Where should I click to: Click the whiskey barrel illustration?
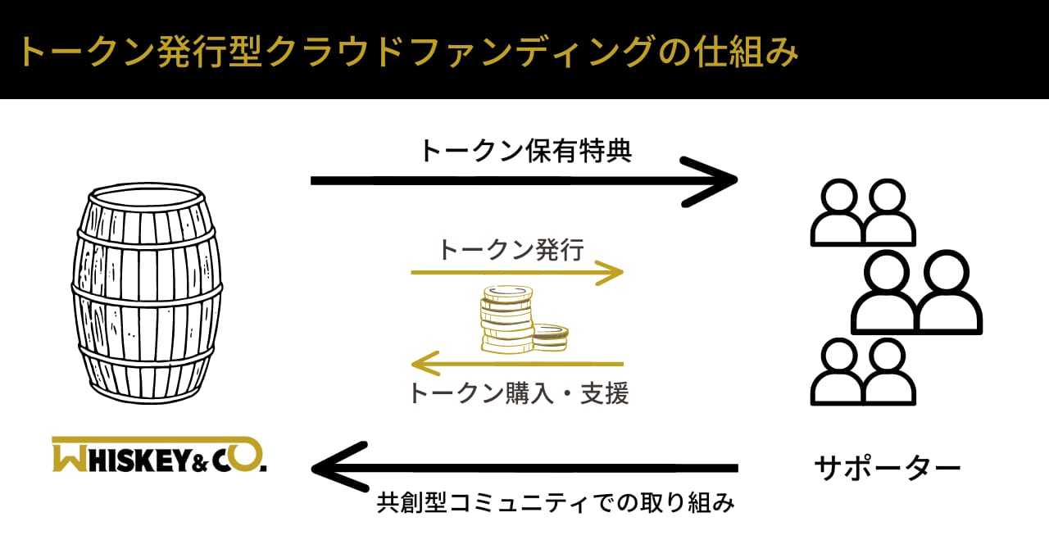click(147, 293)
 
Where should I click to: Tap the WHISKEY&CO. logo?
click(159, 455)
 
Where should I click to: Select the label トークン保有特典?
click(526, 151)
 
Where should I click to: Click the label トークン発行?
click(511, 249)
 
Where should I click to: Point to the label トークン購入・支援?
click(519, 392)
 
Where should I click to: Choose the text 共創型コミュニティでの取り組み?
click(556, 503)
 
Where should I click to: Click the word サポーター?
click(888, 468)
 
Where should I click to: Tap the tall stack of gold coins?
click(506, 320)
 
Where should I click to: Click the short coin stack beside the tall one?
click(550, 338)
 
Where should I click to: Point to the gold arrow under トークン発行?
click(517, 272)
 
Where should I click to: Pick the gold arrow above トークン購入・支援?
click(517, 364)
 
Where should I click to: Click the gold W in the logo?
click(70, 457)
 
